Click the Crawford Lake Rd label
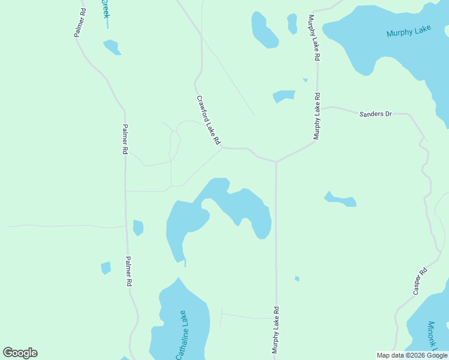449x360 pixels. (x=208, y=120)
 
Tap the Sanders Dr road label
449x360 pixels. (x=375, y=113)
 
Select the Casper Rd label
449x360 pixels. (x=420, y=280)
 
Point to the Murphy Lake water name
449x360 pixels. (x=409, y=31)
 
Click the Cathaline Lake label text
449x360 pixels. (x=182, y=335)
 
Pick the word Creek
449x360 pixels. (x=105, y=8)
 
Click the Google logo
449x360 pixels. (x=20, y=353)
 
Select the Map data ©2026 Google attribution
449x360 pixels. (x=412, y=355)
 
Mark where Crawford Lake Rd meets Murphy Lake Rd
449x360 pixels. (x=276, y=161)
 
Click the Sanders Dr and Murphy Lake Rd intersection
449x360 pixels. (x=318, y=109)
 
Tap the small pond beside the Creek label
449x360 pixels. (x=112, y=47)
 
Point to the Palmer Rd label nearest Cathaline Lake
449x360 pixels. (x=128, y=271)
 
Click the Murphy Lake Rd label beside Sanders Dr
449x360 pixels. (x=316, y=116)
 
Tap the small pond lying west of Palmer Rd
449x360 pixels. (x=106, y=268)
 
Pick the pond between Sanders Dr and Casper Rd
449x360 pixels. (x=340, y=199)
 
